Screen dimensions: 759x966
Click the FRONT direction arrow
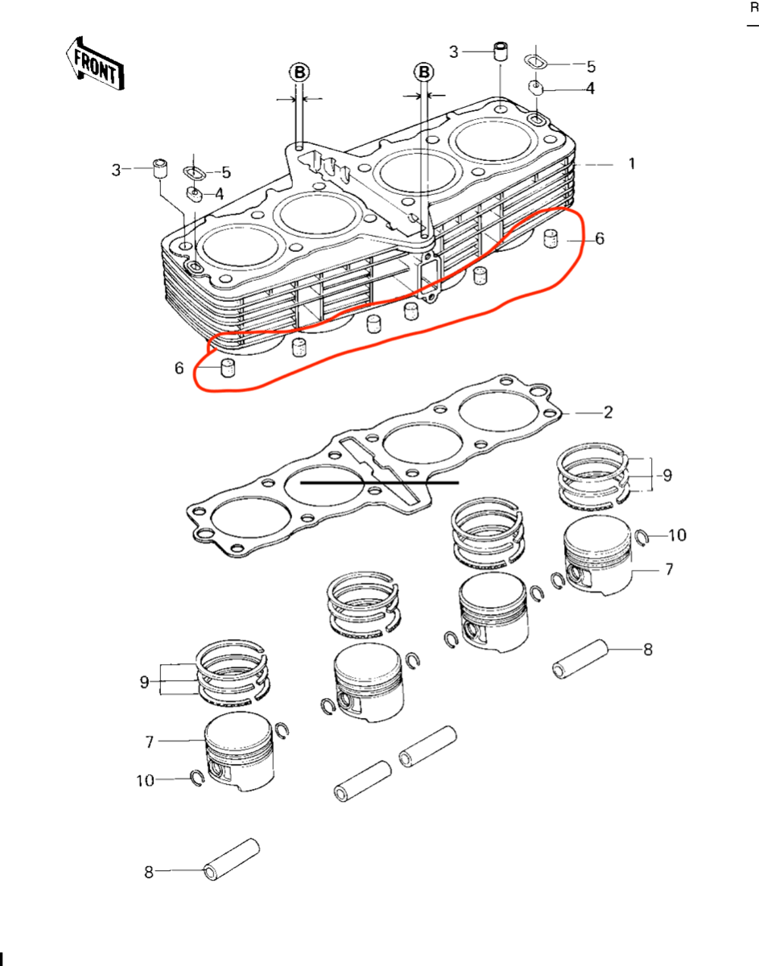click(x=95, y=64)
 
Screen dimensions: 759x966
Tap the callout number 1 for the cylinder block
click(x=632, y=163)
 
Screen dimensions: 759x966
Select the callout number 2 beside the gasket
click(x=608, y=412)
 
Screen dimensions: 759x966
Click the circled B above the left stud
click(x=299, y=72)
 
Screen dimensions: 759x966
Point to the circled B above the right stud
click(x=424, y=72)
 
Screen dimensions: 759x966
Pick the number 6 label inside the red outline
click(x=600, y=238)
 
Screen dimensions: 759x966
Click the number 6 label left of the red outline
click(x=179, y=368)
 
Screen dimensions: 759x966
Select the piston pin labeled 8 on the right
click(x=580, y=658)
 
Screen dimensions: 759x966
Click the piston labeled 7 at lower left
click(x=239, y=751)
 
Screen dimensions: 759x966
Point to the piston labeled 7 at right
click(x=598, y=555)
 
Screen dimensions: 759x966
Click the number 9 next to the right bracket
click(x=667, y=475)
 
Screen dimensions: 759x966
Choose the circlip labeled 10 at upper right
click(x=641, y=537)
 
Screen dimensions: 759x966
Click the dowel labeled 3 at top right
click(x=501, y=52)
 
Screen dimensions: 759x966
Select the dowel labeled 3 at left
click(x=160, y=168)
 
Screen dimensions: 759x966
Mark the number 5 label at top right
click(x=591, y=67)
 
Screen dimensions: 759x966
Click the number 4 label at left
click(x=220, y=194)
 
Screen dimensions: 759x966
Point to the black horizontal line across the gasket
click(x=380, y=482)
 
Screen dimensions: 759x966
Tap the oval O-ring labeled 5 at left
click(x=194, y=172)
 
